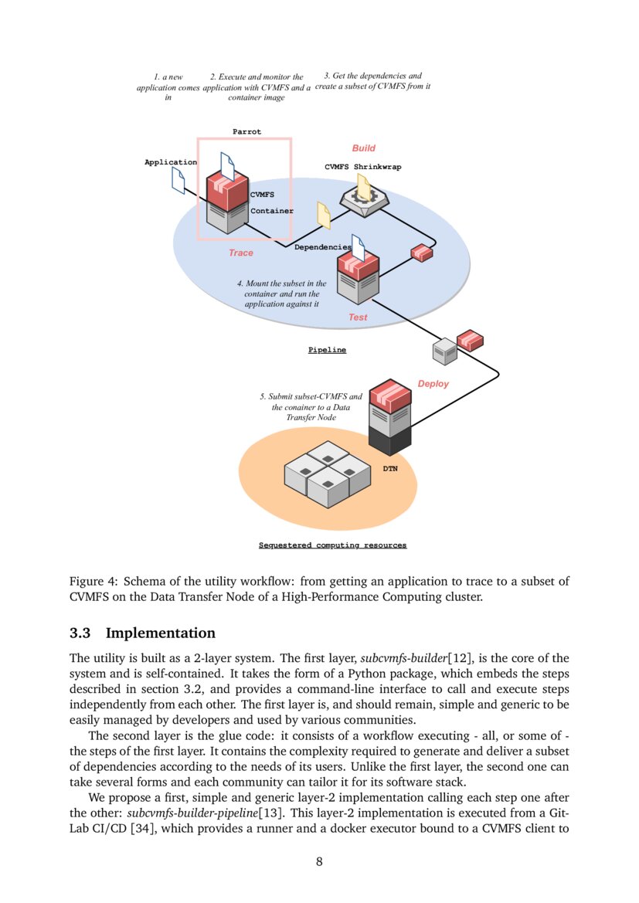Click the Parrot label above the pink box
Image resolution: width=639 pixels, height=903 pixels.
click(x=247, y=132)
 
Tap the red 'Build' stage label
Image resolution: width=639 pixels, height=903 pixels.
click(x=364, y=148)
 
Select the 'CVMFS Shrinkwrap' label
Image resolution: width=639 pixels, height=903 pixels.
click(x=362, y=167)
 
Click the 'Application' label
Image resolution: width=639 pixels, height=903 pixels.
click(x=171, y=162)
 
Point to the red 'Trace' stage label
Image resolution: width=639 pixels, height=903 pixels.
click(x=240, y=253)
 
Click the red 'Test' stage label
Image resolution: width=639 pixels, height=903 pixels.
click(x=358, y=317)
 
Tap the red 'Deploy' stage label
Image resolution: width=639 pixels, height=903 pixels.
click(x=433, y=384)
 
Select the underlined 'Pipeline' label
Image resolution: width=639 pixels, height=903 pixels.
click(x=328, y=350)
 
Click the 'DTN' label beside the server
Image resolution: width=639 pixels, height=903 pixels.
click(x=391, y=469)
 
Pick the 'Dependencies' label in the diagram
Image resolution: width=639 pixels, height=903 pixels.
click(x=323, y=247)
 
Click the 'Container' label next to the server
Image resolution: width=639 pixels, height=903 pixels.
click(x=271, y=210)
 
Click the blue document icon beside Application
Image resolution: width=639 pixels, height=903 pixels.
click(x=178, y=181)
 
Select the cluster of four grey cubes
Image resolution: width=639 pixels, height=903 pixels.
click(x=328, y=473)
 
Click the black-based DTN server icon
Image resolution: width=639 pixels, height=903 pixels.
click(x=389, y=417)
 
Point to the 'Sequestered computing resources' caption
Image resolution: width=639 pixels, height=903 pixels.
click(x=332, y=545)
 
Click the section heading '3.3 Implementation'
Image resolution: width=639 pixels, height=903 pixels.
click(x=142, y=633)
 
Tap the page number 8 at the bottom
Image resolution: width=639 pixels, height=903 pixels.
click(x=319, y=862)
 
